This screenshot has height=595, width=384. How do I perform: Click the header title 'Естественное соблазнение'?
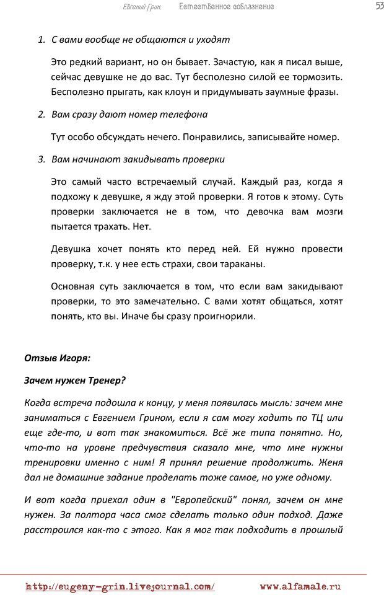coord(226,7)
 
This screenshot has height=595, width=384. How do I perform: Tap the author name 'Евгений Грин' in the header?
coord(141,7)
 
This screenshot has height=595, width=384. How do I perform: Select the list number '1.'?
coord(41,40)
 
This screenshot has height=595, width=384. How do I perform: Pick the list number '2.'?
coord(41,115)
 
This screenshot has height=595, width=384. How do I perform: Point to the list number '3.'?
coord(41,159)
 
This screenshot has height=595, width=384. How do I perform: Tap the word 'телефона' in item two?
coord(183,115)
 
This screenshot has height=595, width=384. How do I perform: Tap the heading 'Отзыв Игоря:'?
coord(58,358)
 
